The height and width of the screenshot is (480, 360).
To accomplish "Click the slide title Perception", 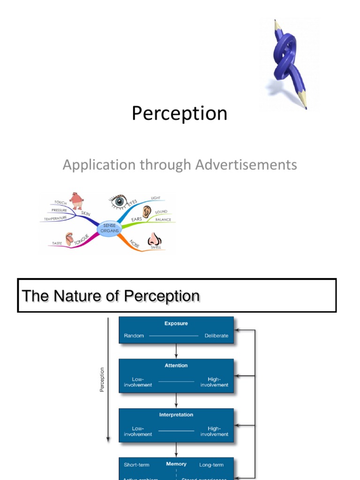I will (180, 113).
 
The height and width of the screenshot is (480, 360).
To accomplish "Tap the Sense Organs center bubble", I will (109, 228).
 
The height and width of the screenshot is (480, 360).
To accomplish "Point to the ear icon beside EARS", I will (147, 212).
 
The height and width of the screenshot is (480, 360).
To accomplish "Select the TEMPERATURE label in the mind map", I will (55, 218).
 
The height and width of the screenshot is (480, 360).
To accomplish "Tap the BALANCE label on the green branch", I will (163, 219).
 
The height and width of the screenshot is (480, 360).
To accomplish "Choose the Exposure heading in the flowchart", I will (176, 323).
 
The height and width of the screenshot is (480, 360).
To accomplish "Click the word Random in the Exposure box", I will (134, 336).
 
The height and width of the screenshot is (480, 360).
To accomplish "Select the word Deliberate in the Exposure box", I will (217, 336).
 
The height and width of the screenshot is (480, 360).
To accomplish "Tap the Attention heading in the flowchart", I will (176, 366).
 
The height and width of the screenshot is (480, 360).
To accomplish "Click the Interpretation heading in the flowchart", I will (176, 415).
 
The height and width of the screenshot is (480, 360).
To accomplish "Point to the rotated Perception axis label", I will (103, 380).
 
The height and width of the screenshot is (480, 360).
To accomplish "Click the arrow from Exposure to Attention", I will (176, 351).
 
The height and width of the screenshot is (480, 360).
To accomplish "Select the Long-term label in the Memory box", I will (211, 465).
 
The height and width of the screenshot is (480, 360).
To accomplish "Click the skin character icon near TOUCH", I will (76, 201).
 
